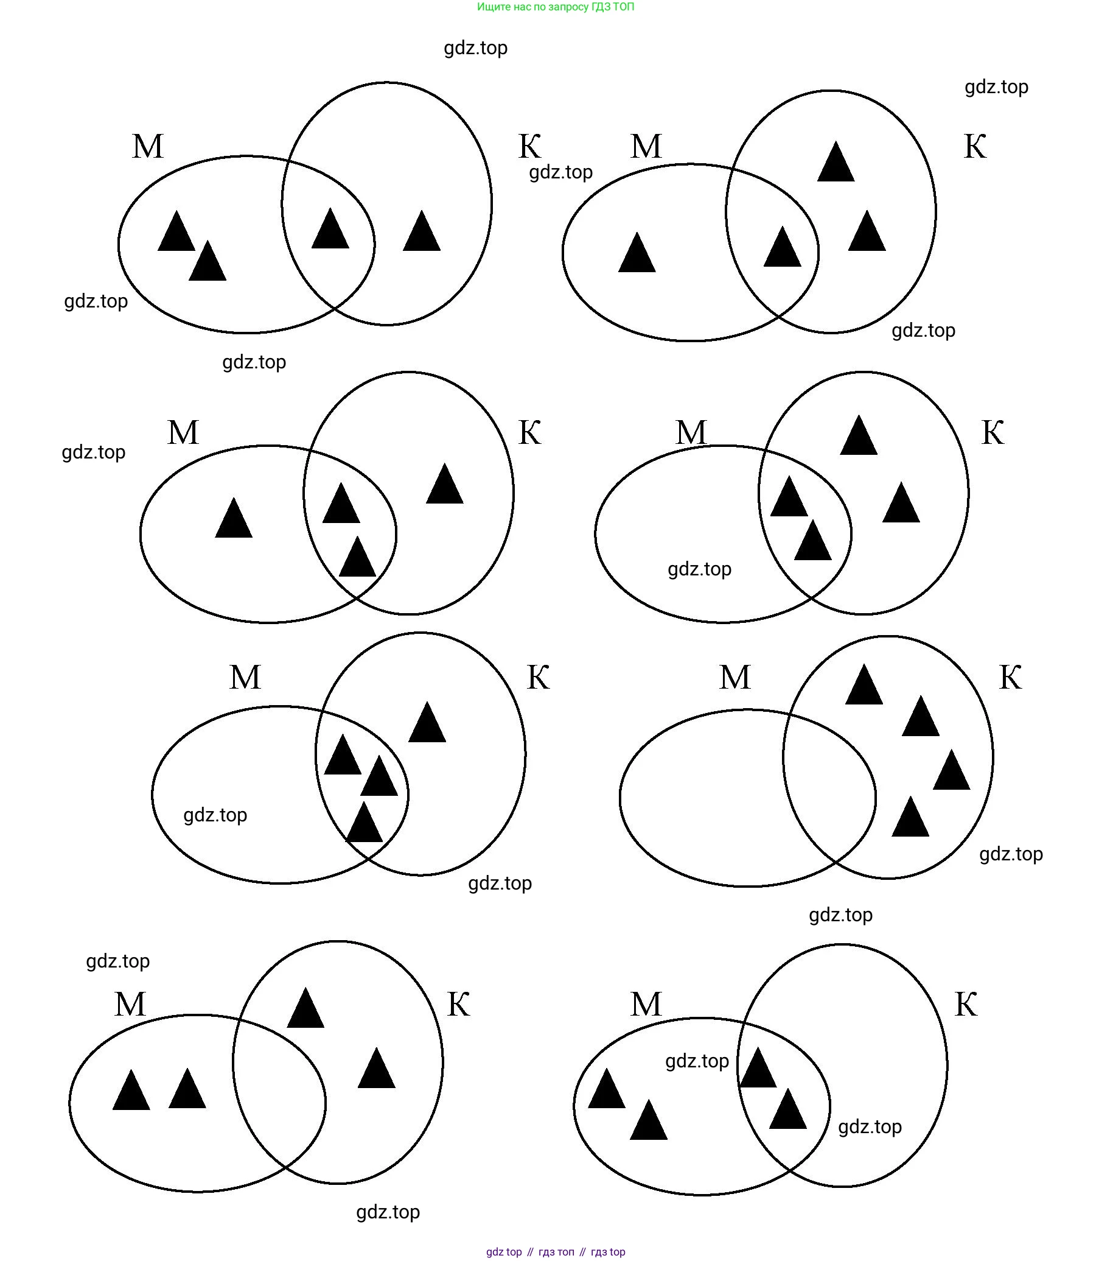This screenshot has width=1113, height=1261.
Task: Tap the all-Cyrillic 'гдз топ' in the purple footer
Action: tap(556, 1252)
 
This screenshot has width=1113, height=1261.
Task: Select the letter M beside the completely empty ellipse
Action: tap(734, 678)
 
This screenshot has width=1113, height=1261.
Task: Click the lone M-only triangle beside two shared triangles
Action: tap(234, 519)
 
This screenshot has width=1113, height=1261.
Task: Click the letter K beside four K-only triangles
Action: tap(1010, 678)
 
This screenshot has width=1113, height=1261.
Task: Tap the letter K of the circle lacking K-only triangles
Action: tap(965, 1005)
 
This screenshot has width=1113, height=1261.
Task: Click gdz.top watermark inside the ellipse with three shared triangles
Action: tap(215, 815)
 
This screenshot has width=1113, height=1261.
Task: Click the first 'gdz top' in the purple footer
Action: tap(504, 1252)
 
